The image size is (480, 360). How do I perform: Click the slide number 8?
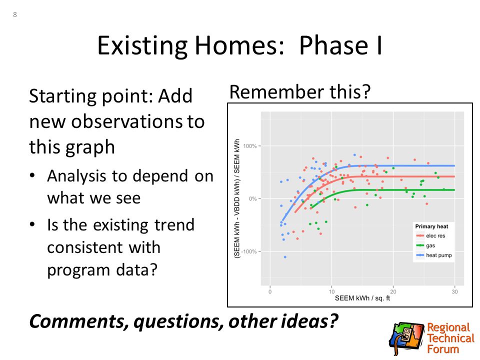coord(14,14)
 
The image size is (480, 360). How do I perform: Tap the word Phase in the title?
coord(333,45)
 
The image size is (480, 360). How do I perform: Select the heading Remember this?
coord(299,91)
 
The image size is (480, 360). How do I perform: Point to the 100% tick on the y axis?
coord(250,146)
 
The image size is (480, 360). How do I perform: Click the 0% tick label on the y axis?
coord(252,198)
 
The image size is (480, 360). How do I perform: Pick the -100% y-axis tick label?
coord(248,251)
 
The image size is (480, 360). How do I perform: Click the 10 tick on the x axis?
coord(331,291)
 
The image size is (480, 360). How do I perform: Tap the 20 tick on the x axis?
coord(393,291)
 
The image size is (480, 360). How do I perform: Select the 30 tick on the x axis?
coord(454,291)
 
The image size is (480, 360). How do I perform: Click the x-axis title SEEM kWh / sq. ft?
coord(362,298)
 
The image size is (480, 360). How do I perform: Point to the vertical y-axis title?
coord(236,199)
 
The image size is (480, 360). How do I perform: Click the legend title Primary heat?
coord(431,226)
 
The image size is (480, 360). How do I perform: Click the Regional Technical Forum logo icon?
coord(406,338)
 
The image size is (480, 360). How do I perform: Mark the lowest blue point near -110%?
coord(285,257)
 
